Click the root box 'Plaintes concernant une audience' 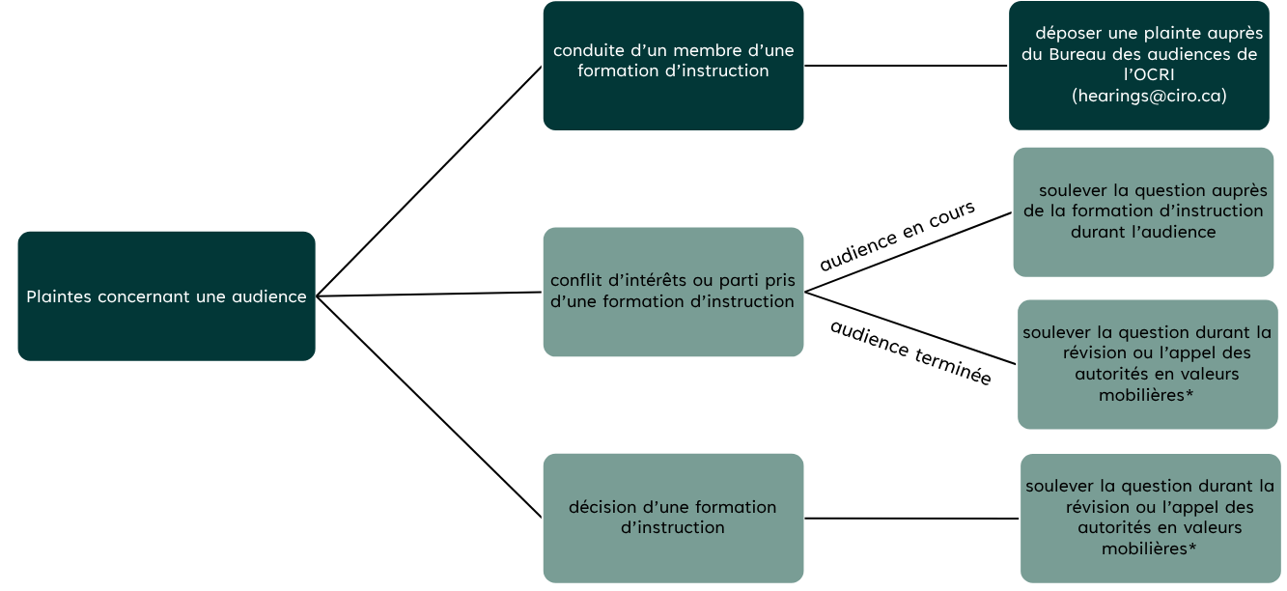point(166,296)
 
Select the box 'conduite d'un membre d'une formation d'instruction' point(673,66)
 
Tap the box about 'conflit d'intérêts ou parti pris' point(673,292)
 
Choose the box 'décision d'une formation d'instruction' point(673,518)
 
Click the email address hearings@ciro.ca point(1149,96)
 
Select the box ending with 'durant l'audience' point(1143,211)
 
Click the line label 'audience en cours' point(897,236)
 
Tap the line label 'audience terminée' point(910,352)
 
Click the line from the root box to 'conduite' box point(429,181)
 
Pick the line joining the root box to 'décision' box point(429,407)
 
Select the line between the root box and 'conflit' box point(429,295)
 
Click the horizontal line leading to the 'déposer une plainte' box point(906,66)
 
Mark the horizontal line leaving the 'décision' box point(911,519)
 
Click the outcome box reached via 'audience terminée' point(1147,364)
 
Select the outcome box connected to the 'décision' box point(1150,518)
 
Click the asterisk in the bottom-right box point(1193,547)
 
